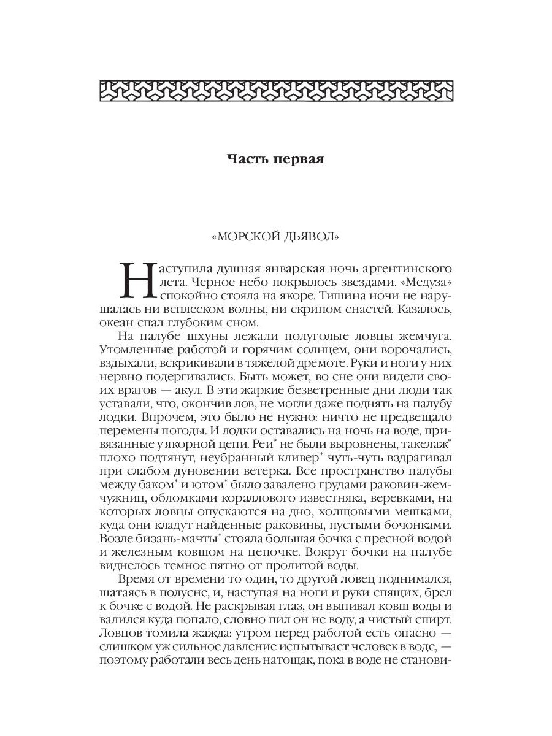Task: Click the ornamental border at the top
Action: point(276,91)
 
